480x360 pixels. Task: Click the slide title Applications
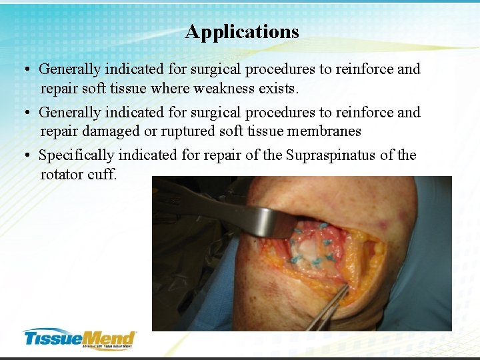242,31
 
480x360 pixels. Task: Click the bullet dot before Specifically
25,155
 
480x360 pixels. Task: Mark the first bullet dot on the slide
25,69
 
